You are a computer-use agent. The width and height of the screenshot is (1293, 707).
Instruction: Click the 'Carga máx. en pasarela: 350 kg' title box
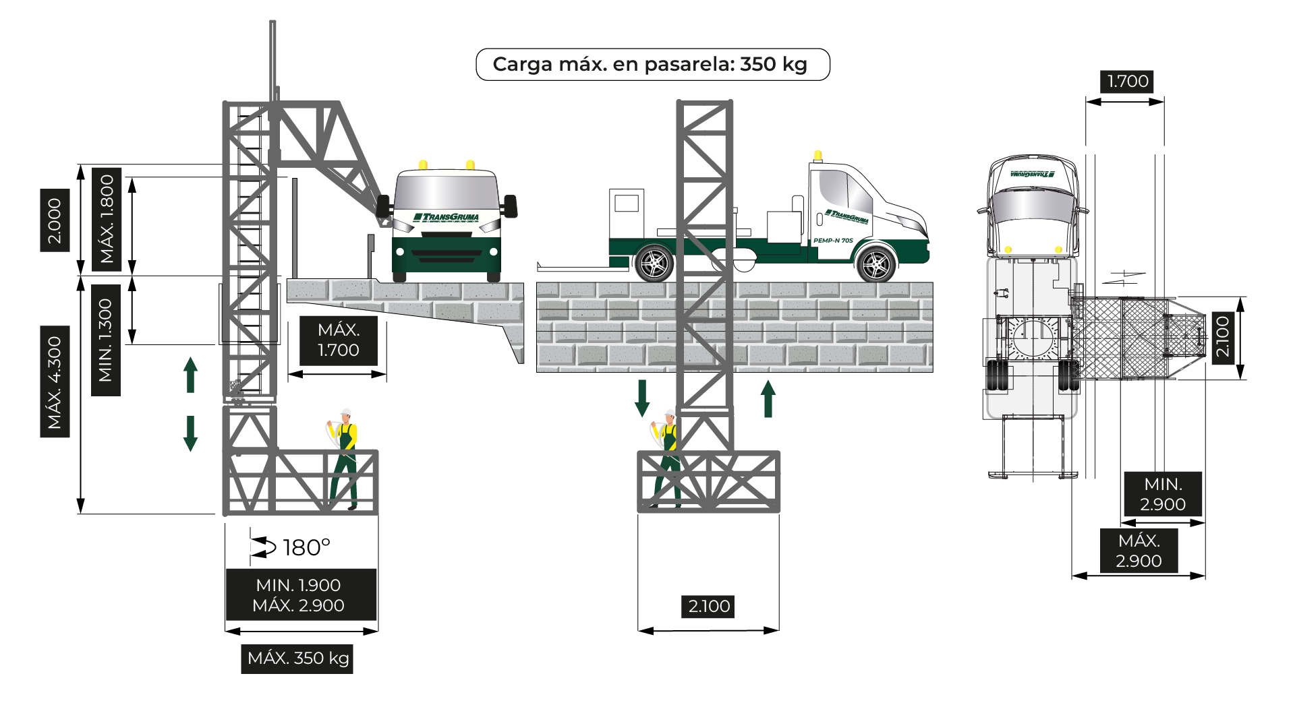pos(652,64)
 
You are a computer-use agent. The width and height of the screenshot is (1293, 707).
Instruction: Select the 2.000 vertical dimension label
pos(55,220)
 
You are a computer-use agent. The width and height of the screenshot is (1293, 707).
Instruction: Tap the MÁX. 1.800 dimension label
pos(107,219)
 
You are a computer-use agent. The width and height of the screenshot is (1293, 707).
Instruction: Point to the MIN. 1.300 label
pos(106,340)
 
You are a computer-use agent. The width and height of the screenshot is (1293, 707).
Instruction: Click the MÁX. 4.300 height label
pos(55,381)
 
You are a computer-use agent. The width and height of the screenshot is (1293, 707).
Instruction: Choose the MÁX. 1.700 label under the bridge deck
pos(338,340)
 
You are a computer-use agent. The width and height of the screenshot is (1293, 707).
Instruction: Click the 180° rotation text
pos(306,547)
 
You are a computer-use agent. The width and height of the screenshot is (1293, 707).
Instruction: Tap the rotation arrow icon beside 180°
pos(263,547)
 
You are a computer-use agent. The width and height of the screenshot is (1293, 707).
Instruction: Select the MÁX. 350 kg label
pos(297,658)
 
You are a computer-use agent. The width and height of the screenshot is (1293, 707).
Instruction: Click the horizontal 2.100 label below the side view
pos(709,606)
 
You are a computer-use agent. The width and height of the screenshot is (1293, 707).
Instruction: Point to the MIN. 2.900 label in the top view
pos(1162,494)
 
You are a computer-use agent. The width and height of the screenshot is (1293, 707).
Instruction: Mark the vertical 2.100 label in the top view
pos(1222,337)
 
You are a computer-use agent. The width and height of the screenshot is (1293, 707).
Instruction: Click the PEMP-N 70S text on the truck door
pos(833,240)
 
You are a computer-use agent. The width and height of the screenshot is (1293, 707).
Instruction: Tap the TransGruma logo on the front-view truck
pos(446,217)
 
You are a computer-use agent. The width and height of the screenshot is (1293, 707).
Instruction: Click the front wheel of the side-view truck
pos(877,265)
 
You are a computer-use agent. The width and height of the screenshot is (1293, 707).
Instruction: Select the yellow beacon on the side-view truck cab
pos(817,156)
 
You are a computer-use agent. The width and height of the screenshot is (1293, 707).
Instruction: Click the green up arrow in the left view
pos(191,375)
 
